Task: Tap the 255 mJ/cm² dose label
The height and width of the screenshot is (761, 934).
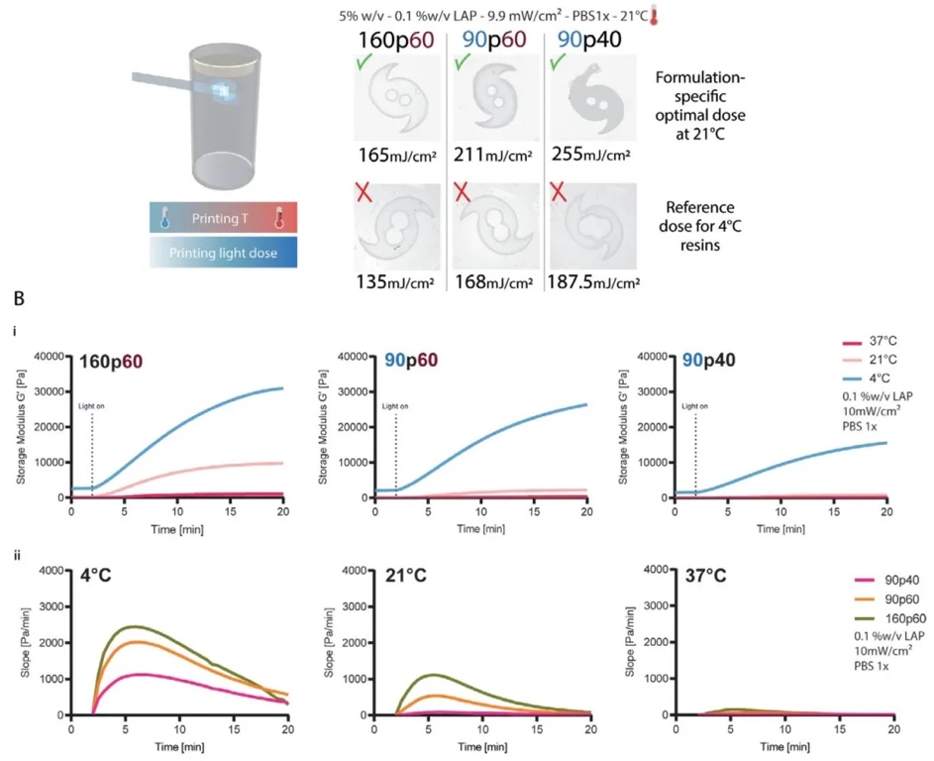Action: (596, 155)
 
